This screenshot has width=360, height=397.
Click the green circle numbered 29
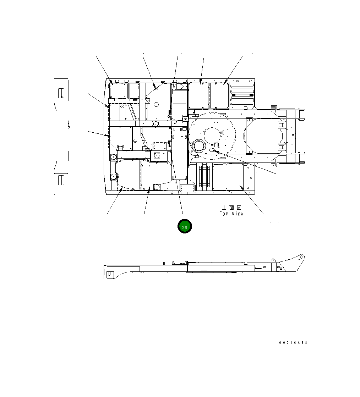[x=185, y=226]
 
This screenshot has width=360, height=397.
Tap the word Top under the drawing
[x=224, y=214]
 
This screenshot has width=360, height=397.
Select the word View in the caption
[x=238, y=214]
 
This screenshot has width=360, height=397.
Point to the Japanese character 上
[x=224, y=208]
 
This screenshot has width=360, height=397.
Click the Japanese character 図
[x=239, y=208]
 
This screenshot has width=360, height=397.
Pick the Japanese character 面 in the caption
[x=231, y=208]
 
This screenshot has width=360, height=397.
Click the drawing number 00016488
[x=293, y=343]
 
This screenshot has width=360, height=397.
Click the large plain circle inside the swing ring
[x=212, y=136]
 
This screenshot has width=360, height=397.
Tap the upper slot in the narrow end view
[x=61, y=93]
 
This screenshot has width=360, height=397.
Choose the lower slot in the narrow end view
[x=61, y=180]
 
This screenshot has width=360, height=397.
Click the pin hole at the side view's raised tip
[x=301, y=257]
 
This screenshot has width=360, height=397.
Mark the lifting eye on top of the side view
[x=273, y=260]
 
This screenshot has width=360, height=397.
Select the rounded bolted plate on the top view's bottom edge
[x=187, y=189]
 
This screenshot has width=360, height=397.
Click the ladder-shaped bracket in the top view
[x=204, y=176]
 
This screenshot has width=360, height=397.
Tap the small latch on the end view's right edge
[x=69, y=125]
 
